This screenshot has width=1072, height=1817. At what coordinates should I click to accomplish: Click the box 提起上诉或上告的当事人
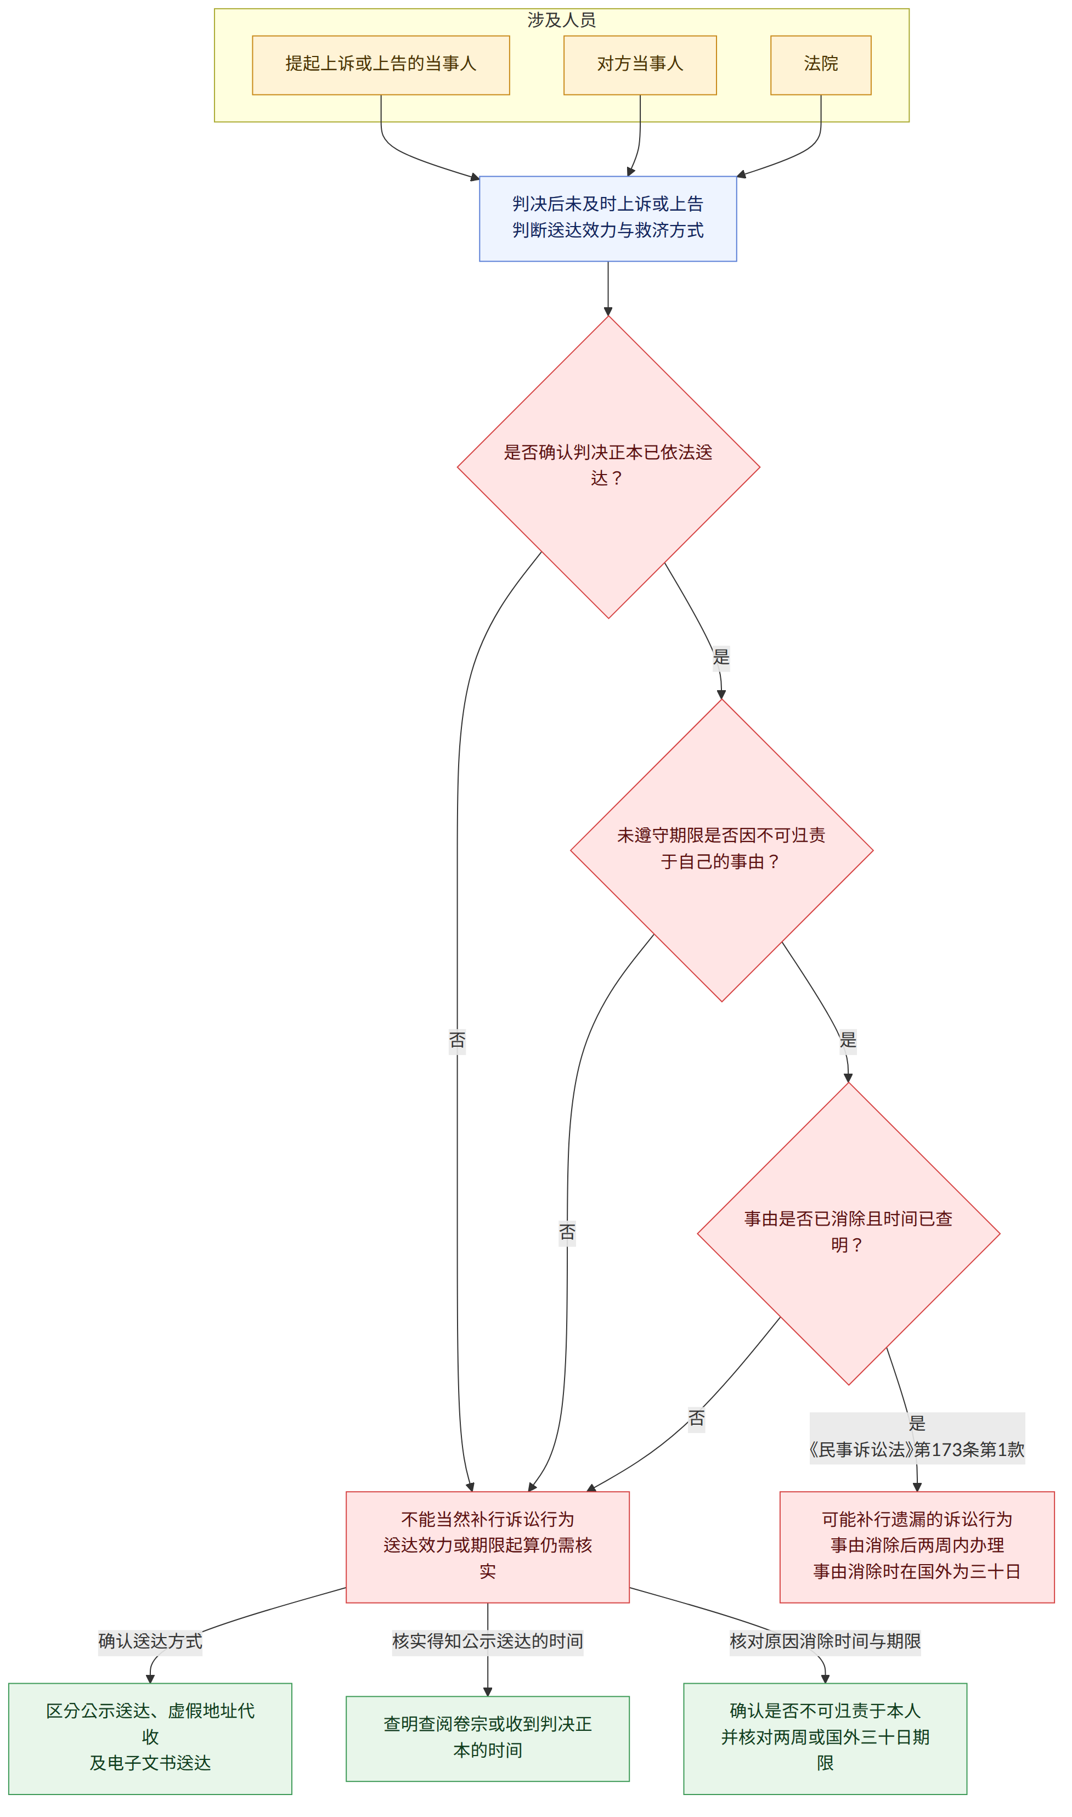click(x=381, y=65)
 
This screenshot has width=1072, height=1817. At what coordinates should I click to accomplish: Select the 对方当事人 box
click(x=640, y=65)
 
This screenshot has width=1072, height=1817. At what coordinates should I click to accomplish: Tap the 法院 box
click(x=821, y=65)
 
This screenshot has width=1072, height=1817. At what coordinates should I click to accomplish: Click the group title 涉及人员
click(x=561, y=20)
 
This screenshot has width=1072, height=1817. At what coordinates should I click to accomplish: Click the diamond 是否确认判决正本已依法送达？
click(x=608, y=467)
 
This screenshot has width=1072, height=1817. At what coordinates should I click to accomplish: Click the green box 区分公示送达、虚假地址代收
click(x=150, y=1740)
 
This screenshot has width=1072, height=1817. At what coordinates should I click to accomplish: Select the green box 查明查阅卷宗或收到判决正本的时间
click(x=488, y=1740)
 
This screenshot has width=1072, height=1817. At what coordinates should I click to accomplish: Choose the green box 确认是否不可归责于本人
click(x=826, y=1740)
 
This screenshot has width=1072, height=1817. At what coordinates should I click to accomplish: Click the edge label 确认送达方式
click(x=150, y=1642)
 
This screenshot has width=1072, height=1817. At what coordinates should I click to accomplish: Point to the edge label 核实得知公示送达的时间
click(x=488, y=1642)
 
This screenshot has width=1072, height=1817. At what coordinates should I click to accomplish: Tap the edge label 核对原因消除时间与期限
click(x=826, y=1642)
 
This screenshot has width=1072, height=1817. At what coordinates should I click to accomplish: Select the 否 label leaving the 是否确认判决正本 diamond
click(x=457, y=1041)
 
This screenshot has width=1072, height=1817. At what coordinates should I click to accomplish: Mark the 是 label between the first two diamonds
click(x=721, y=657)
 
